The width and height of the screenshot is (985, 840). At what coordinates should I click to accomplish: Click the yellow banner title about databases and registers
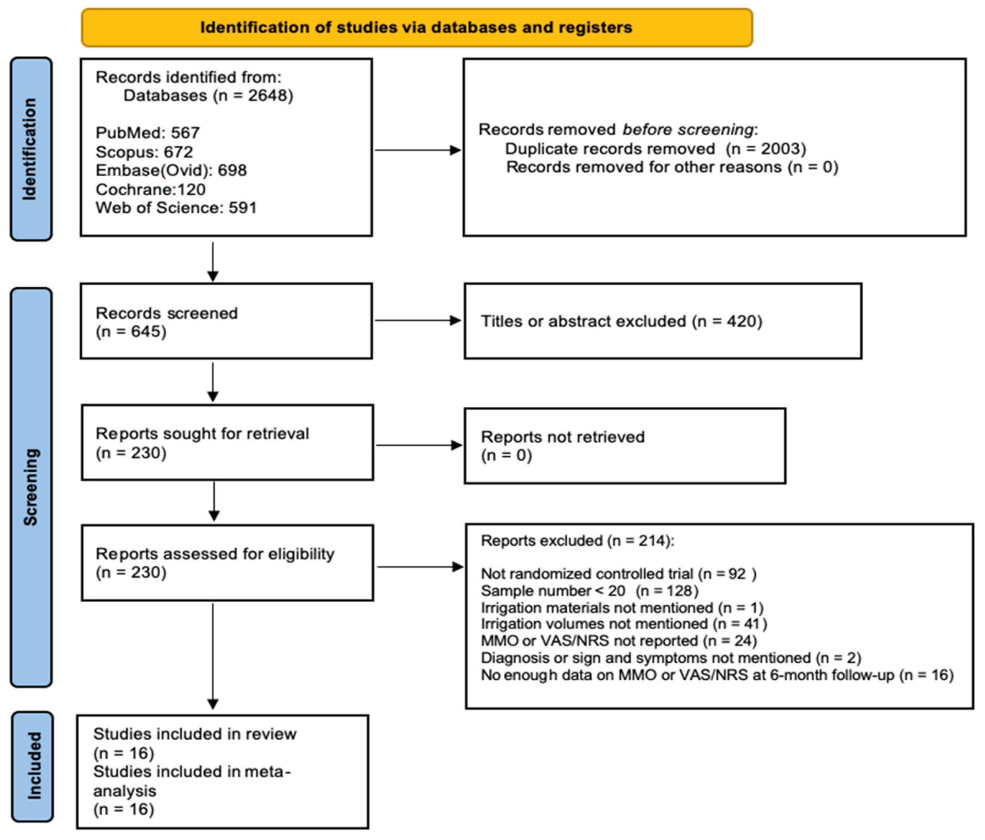click(x=417, y=28)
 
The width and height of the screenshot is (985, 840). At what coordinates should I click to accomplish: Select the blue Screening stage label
click(x=31, y=487)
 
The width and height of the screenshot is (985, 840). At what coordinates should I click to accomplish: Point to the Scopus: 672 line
click(x=144, y=152)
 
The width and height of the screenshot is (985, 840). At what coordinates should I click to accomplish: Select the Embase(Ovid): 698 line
click(x=171, y=170)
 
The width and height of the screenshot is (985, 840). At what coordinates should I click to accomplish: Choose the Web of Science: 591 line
click(x=176, y=208)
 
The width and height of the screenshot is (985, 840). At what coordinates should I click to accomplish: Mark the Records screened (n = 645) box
click(x=226, y=321)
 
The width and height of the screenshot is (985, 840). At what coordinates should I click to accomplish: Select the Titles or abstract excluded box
click(x=663, y=321)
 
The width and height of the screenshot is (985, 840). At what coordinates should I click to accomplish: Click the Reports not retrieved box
click(x=625, y=446)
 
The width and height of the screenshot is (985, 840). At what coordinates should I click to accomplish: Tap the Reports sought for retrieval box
click(x=227, y=442)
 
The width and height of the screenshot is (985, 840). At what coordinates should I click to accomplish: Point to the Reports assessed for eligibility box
click(x=227, y=563)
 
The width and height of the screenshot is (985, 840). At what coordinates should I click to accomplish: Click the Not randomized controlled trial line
click(x=618, y=574)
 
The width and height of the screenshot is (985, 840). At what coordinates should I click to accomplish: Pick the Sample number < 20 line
click(x=590, y=591)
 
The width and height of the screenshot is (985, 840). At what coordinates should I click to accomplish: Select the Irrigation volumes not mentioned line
click(x=624, y=624)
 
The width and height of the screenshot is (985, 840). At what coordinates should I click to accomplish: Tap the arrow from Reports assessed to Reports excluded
click(x=419, y=567)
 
